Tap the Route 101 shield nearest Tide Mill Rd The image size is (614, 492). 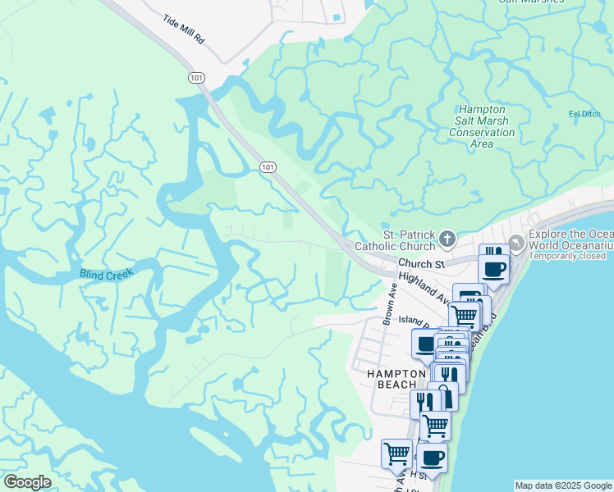pyautogui.click(x=196, y=77)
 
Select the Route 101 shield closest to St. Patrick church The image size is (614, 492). pyautogui.click(x=267, y=166)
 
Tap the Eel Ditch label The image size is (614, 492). pyautogui.click(x=586, y=114)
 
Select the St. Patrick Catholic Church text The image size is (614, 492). pyautogui.click(x=395, y=239)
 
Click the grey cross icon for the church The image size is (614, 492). pyautogui.click(x=447, y=239)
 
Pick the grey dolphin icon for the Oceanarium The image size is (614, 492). pyautogui.click(x=515, y=243)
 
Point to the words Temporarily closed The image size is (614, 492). pyautogui.click(x=567, y=256)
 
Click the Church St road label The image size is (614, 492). pyautogui.click(x=421, y=264)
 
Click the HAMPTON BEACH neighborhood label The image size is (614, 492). pyautogui.click(x=394, y=378)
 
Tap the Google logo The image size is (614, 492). pyautogui.click(x=27, y=482)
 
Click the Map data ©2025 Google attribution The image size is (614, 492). pyautogui.click(x=563, y=485)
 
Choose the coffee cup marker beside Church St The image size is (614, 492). pyautogui.click(x=493, y=269)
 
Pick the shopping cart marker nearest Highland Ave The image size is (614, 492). pyautogui.click(x=465, y=314)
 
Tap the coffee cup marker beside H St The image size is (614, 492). pyautogui.click(x=432, y=457)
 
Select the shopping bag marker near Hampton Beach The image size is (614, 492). pyautogui.click(x=444, y=395)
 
